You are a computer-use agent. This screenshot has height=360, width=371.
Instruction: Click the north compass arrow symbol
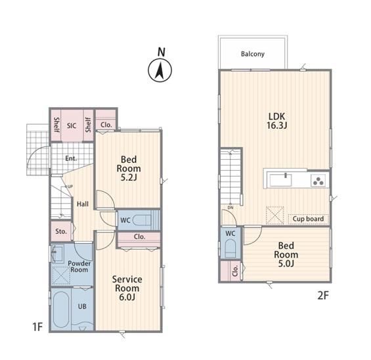(160, 70)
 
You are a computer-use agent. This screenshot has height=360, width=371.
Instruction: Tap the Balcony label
(252, 55)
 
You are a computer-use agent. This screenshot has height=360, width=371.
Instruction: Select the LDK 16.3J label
(276, 121)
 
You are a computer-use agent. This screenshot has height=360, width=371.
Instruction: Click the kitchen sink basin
(280, 181)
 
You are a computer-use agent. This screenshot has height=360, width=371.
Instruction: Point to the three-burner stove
(318, 181)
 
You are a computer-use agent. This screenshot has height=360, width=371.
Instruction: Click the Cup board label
(308, 219)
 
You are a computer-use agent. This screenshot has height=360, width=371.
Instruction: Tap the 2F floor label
(323, 296)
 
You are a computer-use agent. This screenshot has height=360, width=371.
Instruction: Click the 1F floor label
(37, 327)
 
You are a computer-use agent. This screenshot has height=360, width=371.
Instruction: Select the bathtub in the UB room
(61, 309)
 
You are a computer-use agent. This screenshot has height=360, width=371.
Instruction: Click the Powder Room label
(79, 267)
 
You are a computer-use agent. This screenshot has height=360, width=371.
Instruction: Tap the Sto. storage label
(61, 231)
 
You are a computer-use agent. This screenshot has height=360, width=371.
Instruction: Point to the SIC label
(72, 125)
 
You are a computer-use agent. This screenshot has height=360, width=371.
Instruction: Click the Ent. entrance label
(71, 158)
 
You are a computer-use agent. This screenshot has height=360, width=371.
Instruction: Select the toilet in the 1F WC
(141, 220)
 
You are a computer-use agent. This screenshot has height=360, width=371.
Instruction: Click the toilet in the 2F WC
(230, 249)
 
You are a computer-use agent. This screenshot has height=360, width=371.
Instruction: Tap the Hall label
(83, 204)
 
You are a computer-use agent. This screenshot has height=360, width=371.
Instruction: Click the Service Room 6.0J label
(127, 288)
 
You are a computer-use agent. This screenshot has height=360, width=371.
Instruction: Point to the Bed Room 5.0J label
(286, 254)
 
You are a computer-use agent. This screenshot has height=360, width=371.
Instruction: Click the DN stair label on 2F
(230, 208)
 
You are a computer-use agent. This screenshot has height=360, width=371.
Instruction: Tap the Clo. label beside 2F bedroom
(235, 271)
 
